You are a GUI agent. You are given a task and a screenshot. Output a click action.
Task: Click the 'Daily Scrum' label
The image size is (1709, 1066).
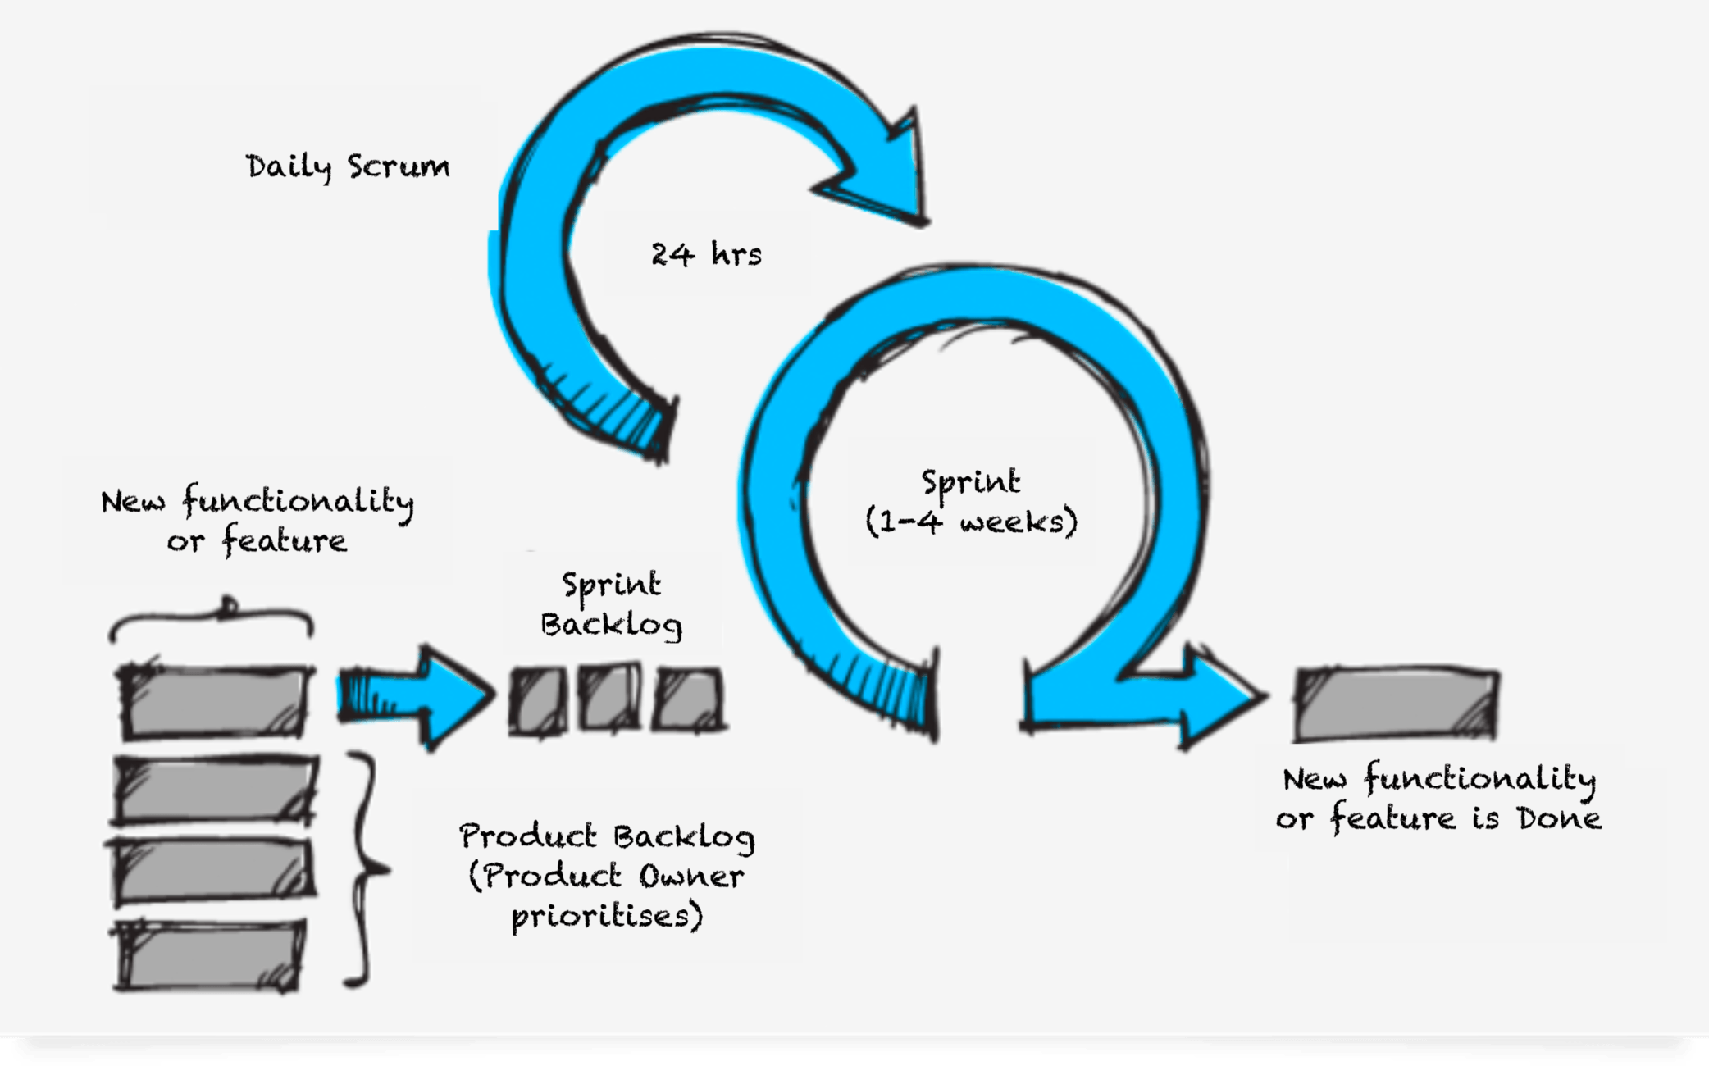[x=348, y=166]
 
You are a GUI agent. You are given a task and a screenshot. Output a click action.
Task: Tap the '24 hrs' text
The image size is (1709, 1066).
[x=706, y=254]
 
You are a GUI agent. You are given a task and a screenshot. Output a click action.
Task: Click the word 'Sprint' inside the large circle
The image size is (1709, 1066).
[x=971, y=482]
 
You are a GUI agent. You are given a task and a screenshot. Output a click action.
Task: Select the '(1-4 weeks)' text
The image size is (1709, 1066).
[x=971, y=522]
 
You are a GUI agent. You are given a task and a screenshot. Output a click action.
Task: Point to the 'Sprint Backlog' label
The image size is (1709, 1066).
[x=611, y=605]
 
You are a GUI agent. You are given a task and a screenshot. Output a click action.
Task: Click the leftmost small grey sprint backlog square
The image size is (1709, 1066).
[x=538, y=699]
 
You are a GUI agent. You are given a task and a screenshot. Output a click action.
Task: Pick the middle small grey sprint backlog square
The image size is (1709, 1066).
[x=609, y=697]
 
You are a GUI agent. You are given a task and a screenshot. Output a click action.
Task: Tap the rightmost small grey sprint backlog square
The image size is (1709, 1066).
[x=689, y=699]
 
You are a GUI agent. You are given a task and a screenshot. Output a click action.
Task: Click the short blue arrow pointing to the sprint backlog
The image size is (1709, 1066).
[x=414, y=697]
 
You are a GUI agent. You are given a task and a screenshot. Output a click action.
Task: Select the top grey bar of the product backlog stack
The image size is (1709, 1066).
[x=215, y=701]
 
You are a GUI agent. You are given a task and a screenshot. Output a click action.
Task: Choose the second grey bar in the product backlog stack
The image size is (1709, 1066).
[x=215, y=790]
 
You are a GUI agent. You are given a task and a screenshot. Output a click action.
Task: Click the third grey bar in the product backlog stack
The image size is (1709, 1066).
[x=213, y=871]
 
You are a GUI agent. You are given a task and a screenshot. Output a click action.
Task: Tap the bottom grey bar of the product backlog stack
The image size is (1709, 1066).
[x=210, y=954]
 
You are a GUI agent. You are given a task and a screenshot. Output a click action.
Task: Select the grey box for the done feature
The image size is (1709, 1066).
[x=1397, y=704]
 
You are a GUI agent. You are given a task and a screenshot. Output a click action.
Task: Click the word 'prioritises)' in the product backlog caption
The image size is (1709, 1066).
[x=607, y=916]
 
